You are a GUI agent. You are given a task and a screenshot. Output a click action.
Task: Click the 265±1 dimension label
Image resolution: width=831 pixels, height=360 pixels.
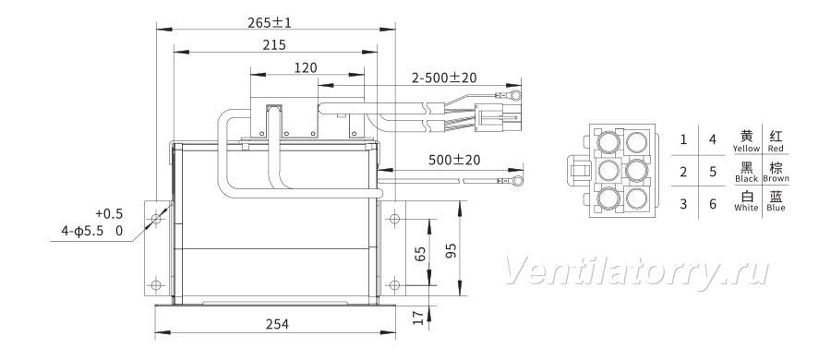(x=270, y=22)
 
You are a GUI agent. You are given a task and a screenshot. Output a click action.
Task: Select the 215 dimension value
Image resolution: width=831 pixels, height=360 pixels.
(x=274, y=45)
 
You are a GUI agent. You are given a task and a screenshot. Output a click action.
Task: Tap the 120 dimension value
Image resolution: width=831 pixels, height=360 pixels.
(x=306, y=68)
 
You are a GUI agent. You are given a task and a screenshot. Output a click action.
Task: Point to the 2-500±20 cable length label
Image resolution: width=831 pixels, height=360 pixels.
(x=444, y=78)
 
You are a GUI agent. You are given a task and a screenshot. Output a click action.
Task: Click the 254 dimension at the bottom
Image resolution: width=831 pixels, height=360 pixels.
(x=277, y=324)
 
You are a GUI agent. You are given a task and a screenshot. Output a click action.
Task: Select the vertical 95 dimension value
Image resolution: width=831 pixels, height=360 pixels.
(x=451, y=251)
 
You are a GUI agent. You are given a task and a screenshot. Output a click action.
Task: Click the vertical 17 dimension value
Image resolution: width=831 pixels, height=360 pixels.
(x=418, y=318)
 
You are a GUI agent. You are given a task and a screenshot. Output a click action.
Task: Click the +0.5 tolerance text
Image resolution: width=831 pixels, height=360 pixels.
(x=109, y=213)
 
